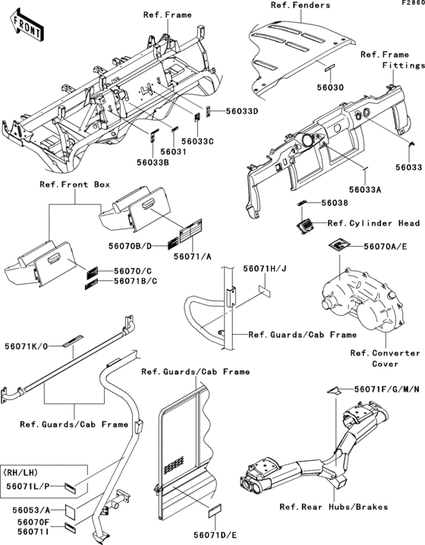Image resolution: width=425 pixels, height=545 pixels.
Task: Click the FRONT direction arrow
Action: point(27,25)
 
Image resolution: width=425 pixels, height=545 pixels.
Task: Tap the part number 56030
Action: point(330,87)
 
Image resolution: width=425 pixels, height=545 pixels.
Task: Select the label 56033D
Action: point(242,112)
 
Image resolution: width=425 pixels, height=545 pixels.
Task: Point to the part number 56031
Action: point(173,152)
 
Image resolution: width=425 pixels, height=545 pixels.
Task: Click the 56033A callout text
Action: point(365,190)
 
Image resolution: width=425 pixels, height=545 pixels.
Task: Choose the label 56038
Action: point(335,203)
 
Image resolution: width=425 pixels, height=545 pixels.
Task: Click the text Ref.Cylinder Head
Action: point(373,223)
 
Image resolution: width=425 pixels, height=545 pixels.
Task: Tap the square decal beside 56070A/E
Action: point(340,244)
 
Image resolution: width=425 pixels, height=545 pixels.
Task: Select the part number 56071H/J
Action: point(265,269)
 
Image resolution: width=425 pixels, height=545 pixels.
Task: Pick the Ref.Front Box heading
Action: point(74,184)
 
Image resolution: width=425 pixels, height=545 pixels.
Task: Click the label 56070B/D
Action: point(131,246)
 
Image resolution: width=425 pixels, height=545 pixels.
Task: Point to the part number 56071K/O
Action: point(27,346)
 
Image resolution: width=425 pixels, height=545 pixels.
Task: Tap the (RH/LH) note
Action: point(20,473)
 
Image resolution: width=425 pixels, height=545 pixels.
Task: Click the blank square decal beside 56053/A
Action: point(73,511)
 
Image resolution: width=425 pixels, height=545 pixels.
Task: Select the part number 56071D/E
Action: point(216,535)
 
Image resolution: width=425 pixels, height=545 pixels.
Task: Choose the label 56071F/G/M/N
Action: point(387,389)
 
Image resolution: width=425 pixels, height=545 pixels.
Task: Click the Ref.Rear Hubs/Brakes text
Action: point(334,507)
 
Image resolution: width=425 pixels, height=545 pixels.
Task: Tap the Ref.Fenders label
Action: point(301,5)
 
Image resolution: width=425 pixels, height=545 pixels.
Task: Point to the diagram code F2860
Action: point(414,2)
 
